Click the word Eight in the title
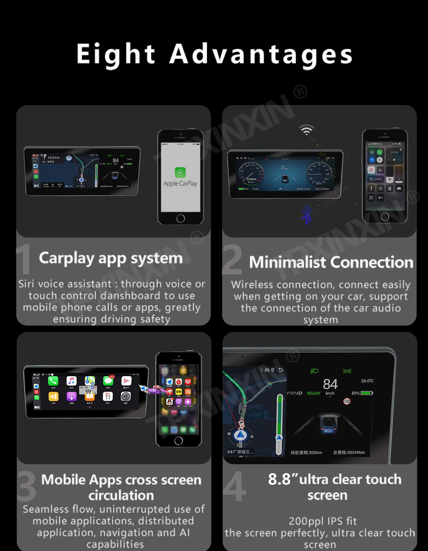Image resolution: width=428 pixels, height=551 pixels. pos(116,55)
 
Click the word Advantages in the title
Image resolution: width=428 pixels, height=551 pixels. pos(261,55)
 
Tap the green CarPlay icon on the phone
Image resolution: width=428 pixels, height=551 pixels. pos(180,172)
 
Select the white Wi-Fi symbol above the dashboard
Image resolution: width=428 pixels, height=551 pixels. pos(306,130)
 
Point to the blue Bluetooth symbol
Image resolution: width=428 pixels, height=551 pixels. pos(306,215)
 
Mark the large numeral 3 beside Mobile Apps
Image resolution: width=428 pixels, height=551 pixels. pos(27,486)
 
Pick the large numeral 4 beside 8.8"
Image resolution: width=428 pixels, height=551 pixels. pos(235,486)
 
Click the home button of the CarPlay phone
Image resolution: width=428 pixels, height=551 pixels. pos(181,218)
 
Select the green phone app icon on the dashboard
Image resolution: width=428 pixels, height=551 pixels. pos(53,381)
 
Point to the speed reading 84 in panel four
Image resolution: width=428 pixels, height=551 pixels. pos(330,384)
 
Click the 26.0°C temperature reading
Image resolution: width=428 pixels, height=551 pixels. pos(367,381)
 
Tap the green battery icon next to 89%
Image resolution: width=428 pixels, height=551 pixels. pos(366,393)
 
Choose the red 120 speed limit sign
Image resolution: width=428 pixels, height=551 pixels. pos(347,401)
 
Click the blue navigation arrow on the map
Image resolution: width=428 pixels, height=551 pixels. pos(241,435)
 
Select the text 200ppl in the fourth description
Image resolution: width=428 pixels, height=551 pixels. pos(303,521)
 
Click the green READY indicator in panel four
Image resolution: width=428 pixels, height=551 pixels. pos(314,393)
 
